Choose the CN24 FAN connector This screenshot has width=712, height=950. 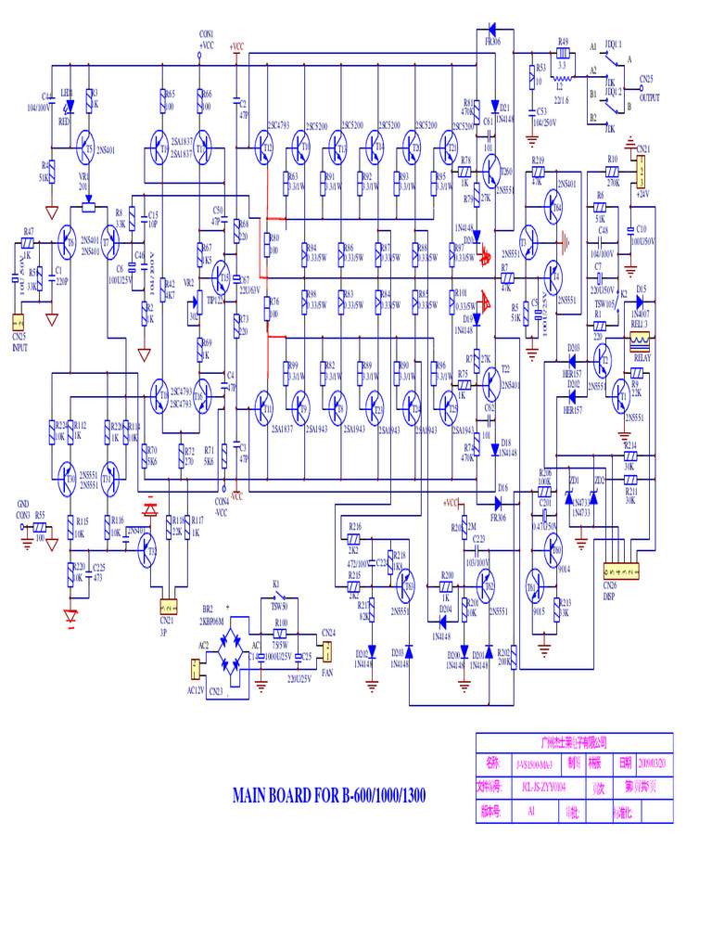(x=325, y=654)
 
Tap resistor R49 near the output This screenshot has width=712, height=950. (x=563, y=53)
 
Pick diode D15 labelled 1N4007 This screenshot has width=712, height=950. (x=641, y=301)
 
